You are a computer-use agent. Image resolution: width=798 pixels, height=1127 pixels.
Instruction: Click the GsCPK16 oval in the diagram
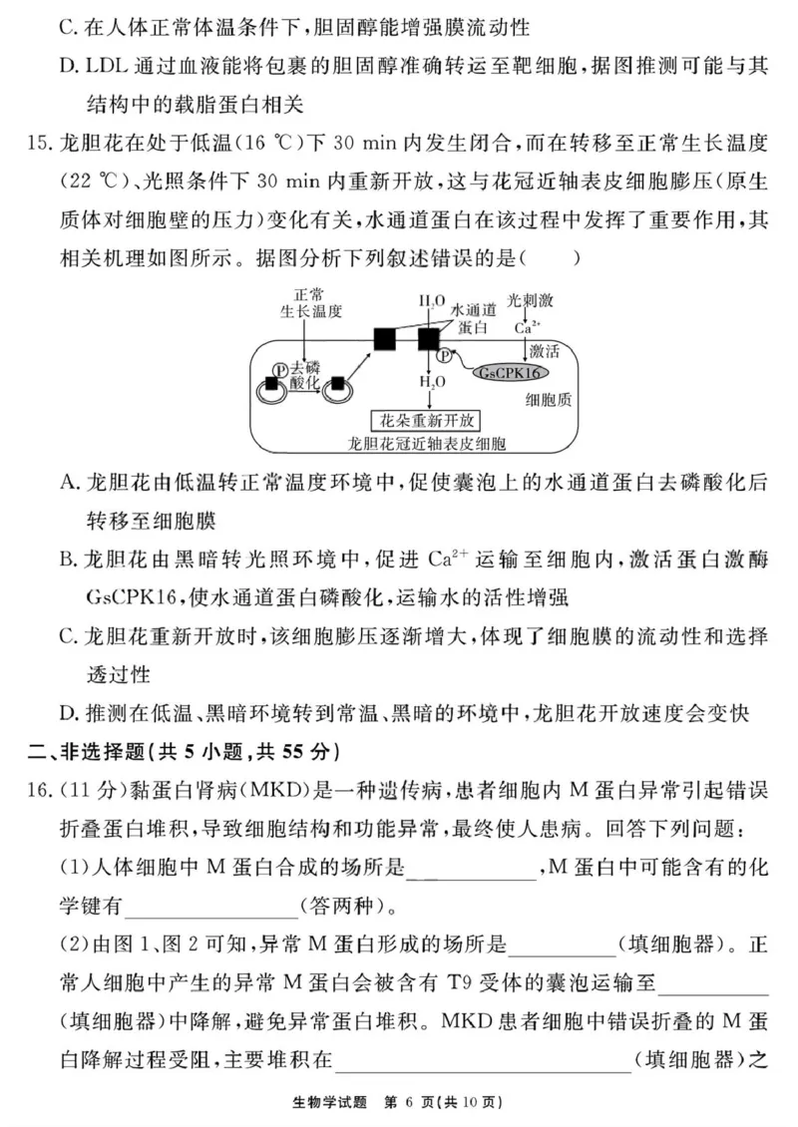pyautogui.click(x=510, y=372)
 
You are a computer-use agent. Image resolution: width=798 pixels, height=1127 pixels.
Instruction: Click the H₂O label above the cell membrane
pyautogui.click(x=432, y=300)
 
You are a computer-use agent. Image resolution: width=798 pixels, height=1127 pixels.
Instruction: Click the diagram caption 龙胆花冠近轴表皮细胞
pyautogui.click(x=422, y=443)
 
